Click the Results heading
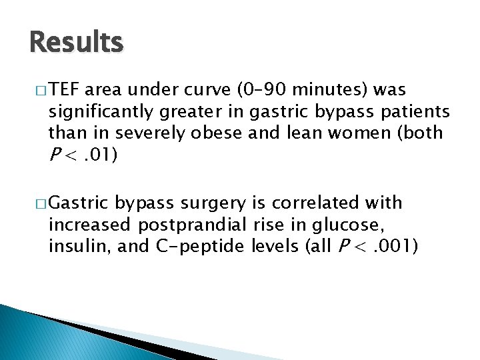click(x=77, y=43)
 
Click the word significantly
click(x=100, y=111)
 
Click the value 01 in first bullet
click(x=101, y=155)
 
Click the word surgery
click(x=214, y=203)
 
